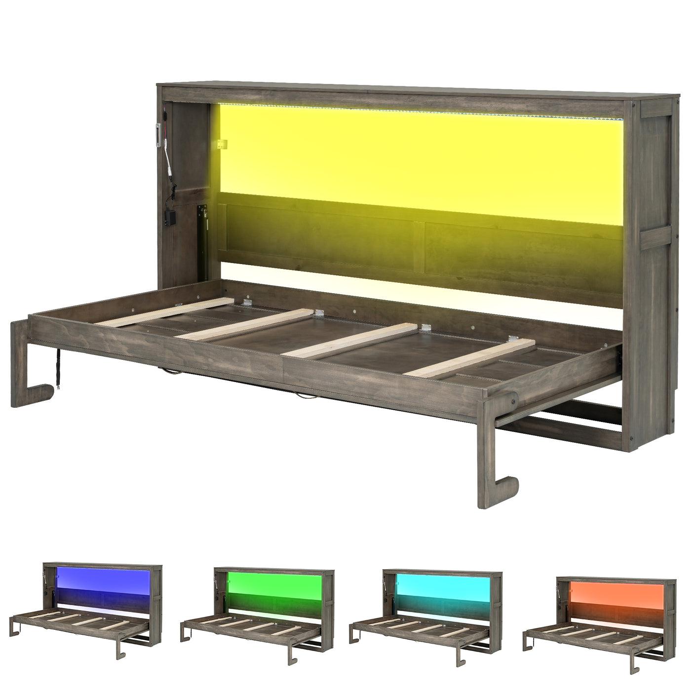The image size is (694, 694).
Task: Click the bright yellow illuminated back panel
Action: [420, 153]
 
